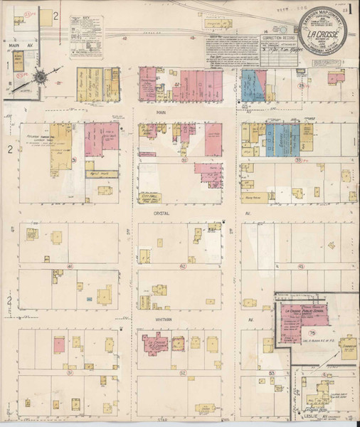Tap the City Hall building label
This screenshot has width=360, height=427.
point(152,180)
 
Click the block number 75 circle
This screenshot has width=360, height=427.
point(312,332)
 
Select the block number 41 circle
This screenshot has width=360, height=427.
point(70,267)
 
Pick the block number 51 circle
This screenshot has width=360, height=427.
point(70,371)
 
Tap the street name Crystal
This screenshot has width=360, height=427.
point(159,213)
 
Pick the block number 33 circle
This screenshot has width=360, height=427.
point(297,161)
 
